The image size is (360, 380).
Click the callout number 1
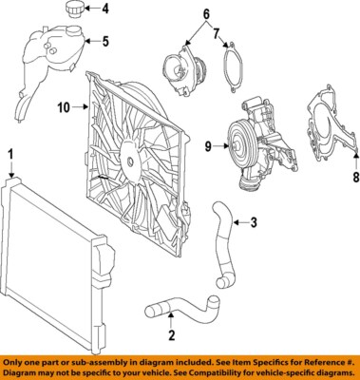coord(10,152)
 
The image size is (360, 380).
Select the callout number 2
coord(170,334)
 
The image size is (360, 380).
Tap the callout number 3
coord(254,223)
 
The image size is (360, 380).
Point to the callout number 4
coord(105,11)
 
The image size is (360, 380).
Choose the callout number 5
coord(105,42)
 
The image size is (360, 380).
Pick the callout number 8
coord(355,177)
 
